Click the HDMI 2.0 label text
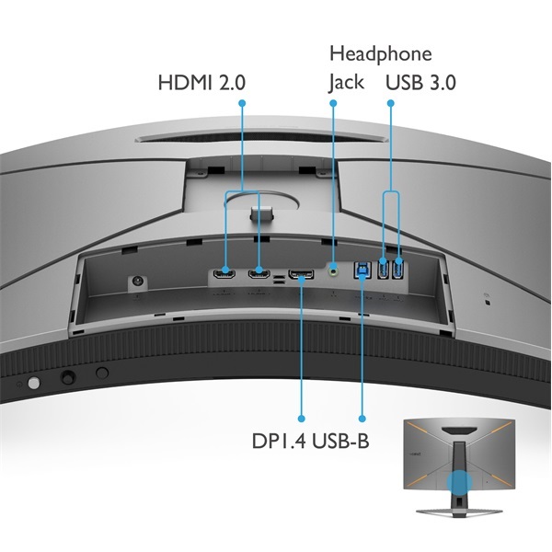coord(201,83)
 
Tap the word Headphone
coord(381,54)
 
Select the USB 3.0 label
coord(420,83)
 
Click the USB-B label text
coord(340,441)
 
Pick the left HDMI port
coord(224,273)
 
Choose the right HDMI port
coord(259,273)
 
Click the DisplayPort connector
coord(302,273)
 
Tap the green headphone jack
coord(333,271)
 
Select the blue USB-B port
coord(362,270)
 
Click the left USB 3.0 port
coord(383,269)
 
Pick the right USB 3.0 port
coord(397,269)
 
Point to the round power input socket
coord(137,282)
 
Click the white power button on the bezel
coord(34,383)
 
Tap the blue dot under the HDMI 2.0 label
coord(242,103)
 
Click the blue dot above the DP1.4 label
coord(301,419)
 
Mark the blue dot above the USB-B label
coord(362,419)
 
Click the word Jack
coord(347,83)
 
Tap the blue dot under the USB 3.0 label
coord(391,103)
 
